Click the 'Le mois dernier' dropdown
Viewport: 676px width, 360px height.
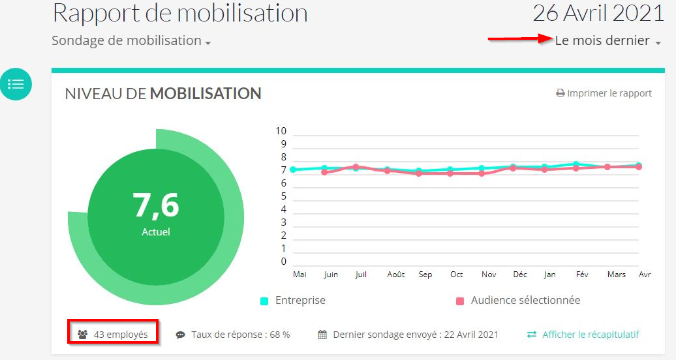point(607,40)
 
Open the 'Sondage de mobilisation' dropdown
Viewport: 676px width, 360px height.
point(131,40)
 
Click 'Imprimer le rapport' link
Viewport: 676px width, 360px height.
point(604,93)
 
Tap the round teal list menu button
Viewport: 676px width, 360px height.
point(16,84)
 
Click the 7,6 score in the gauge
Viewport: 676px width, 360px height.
point(156,205)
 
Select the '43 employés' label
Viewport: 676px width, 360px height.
point(113,335)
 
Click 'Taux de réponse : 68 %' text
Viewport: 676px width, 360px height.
point(233,335)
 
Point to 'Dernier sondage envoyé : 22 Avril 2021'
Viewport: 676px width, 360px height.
point(408,335)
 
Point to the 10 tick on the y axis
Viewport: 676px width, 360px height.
point(281,131)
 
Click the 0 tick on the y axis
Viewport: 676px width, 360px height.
point(283,262)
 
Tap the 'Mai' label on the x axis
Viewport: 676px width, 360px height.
point(300,275)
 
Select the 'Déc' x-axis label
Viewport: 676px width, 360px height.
point(520,275)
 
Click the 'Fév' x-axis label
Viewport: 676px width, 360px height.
point(582,275)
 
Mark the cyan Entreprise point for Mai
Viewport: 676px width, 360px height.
point(293,170)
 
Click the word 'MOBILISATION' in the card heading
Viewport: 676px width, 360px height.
point(206,93)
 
